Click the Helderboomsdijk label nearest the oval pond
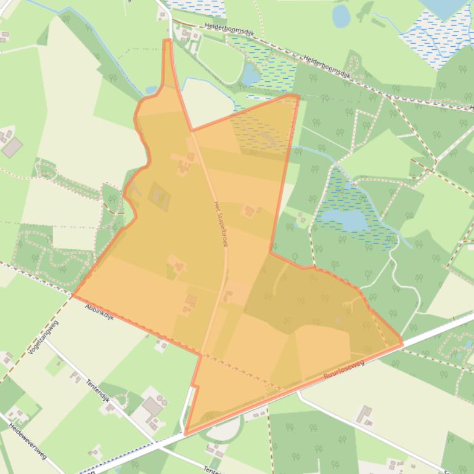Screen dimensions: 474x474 [327, 66]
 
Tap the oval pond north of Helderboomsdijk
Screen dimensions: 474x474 [341, 16]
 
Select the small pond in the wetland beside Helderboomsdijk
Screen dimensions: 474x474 [251, 75]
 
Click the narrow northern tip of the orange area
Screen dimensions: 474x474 [167, 42]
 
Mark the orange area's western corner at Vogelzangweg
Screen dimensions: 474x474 [73, 295]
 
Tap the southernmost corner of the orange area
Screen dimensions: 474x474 [186, 433]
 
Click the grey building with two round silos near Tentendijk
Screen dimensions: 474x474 [152, 407]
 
